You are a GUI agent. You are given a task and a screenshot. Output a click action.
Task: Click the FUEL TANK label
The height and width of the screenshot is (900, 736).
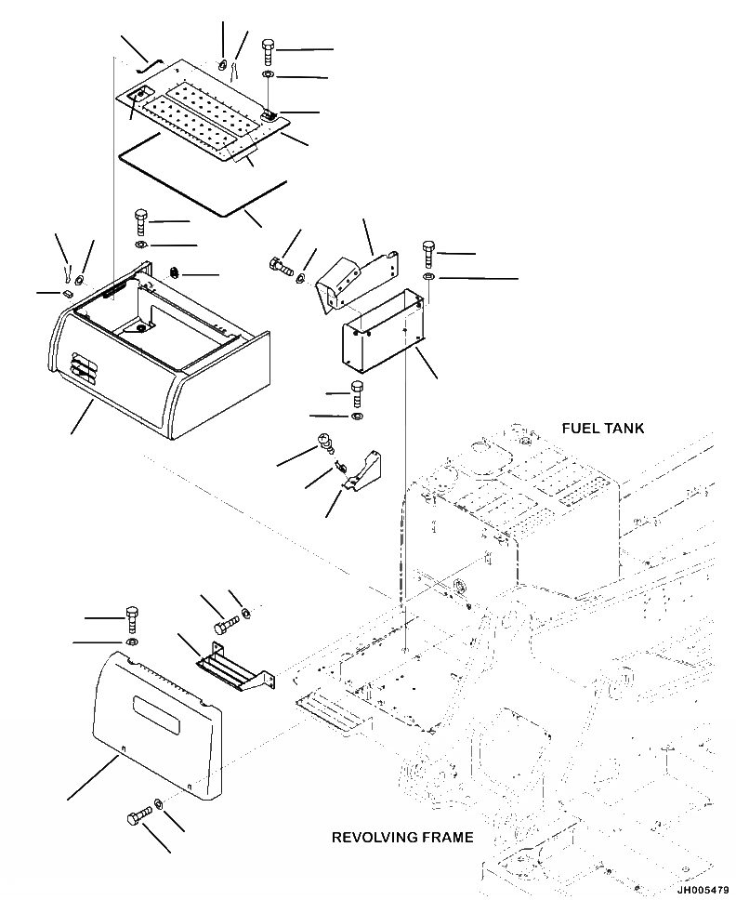coord(602,429)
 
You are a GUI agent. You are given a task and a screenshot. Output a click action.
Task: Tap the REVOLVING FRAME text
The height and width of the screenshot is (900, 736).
coord(401,838)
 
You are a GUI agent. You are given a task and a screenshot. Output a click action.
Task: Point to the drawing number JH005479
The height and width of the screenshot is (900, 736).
coord(703,890)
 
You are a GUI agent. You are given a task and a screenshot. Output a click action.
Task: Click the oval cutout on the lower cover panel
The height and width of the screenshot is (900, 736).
coord(161,692)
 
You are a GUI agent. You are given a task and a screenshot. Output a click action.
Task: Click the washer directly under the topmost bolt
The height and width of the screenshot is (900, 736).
coord(268,74)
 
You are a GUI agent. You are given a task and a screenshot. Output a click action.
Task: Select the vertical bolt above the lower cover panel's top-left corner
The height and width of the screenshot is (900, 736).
coord(132,617)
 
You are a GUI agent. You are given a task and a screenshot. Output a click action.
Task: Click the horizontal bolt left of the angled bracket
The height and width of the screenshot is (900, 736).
coord(281,268)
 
